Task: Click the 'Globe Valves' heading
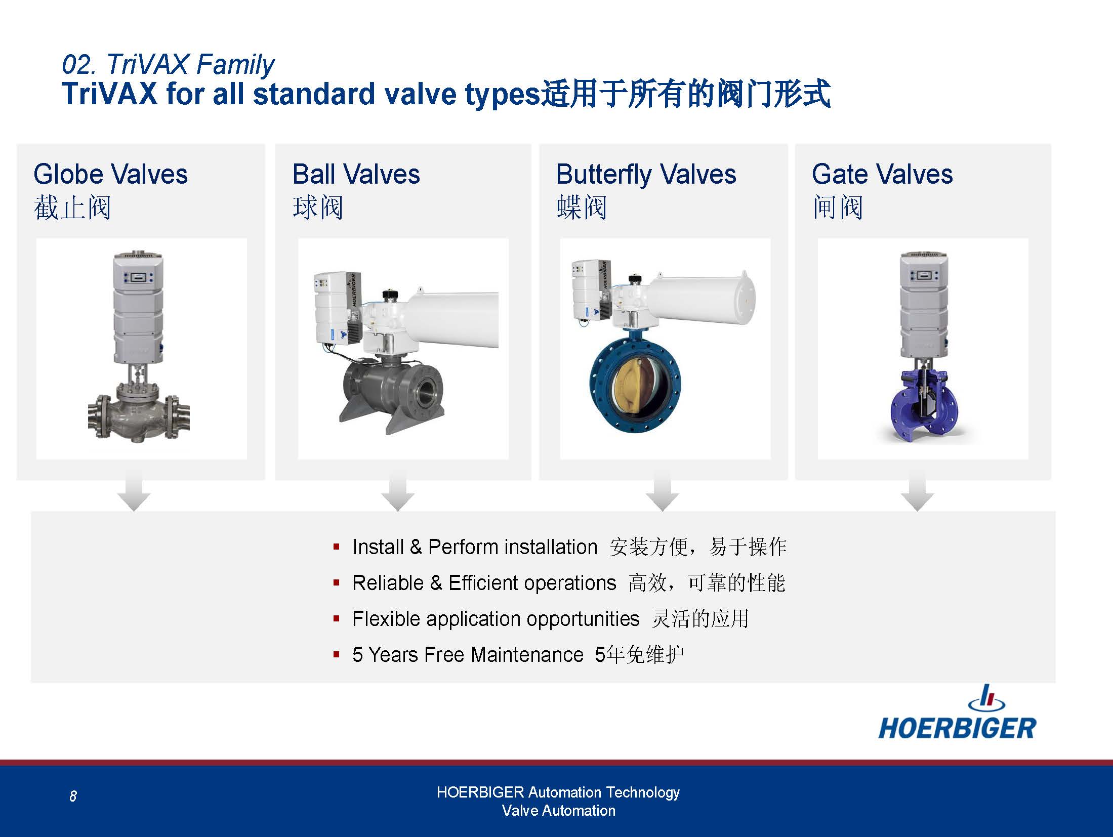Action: tap(110, 175)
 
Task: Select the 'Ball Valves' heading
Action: tap(356, 175)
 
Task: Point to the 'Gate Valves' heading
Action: tap(882, 175)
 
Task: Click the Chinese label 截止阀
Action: tap(72, 208)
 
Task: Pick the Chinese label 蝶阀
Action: tap(582, 208)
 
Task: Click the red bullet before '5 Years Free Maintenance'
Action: tap(336, 655)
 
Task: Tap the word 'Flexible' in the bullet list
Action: tap(386, 619)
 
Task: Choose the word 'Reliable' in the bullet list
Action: tap(388, 583)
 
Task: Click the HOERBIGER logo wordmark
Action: tap(957, 728)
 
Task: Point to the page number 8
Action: tap(73, 797)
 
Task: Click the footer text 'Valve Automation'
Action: tap(558, 811)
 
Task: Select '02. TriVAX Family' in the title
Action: tap(168, 65)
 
